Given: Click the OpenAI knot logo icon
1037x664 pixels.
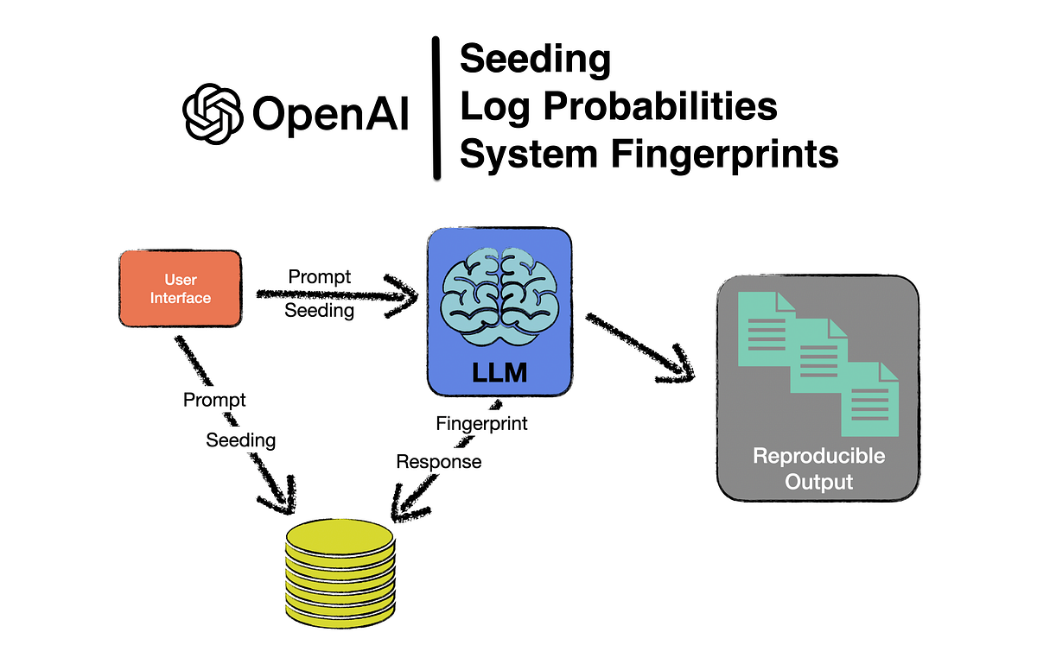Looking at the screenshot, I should point(211,113).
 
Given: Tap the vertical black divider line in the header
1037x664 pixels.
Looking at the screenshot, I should point(436,109).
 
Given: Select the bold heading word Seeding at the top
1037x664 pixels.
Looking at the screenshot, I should point(535,60).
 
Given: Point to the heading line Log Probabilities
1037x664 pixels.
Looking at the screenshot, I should point(618,107).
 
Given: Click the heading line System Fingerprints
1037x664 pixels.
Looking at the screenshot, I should point(648,155).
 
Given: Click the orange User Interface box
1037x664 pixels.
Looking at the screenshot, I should point(180,288).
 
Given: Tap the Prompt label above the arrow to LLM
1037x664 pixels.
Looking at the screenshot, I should point(320,276).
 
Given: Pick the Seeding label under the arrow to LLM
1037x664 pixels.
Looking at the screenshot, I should point(320,311).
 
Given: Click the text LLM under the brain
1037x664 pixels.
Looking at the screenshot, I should point(499,374).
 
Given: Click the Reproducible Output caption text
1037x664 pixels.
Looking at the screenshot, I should point(818,468).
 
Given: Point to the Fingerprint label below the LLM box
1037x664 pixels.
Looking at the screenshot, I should point(481,424).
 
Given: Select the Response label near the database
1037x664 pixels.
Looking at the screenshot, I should point(438,462).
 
